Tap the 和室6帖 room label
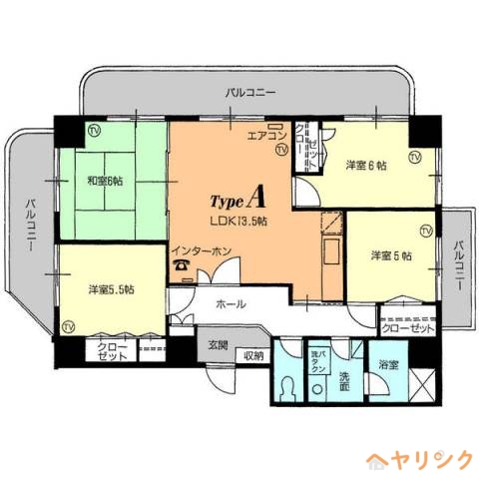(x=104, y=181)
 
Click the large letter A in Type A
(x=254, y=195)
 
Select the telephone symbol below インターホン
(x=181, y=265)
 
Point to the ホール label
(x=230, y=302)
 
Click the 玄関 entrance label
(x=217, y=345)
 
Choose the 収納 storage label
(x=253, y=354)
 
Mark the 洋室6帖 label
(x=366, y=165)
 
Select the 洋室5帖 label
(x=391, y=255)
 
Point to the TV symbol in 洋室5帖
(x=426, y=233)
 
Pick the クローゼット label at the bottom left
(x=112, y=351)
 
